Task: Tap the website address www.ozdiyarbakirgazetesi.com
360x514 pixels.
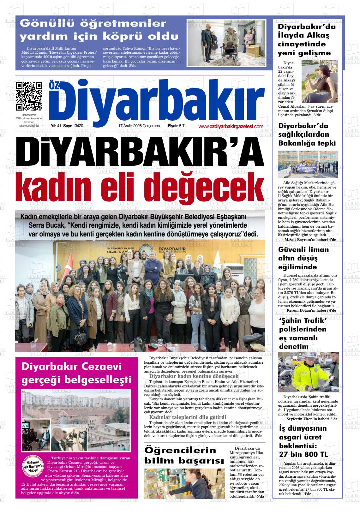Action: [x=231, y=126]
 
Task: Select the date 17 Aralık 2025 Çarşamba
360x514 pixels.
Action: [x=139, y=126]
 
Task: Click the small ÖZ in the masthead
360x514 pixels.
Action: [x=53, y=86]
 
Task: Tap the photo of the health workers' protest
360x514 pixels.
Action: [x=308, y=164]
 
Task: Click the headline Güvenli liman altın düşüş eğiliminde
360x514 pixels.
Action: [x=299, y=258]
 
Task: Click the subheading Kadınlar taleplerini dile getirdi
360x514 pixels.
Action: [x=187, y=417]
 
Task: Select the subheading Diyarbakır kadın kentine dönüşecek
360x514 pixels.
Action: [x=194, y=376]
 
